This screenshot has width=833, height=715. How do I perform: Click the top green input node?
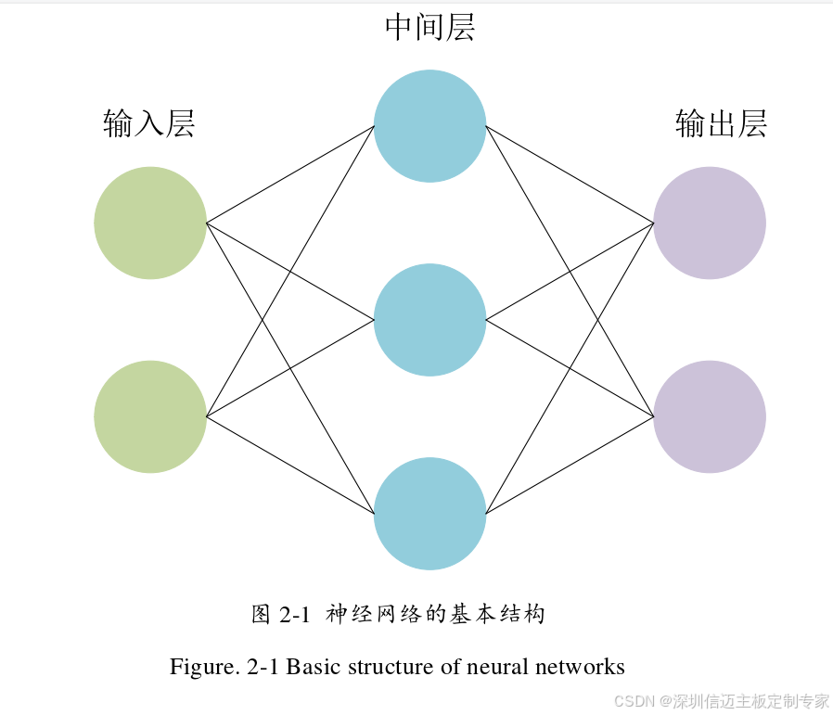(x=150, y=223)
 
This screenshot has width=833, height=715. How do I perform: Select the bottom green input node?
(x=150, y=417)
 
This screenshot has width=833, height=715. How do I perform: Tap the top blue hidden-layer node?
(x=429, y=125)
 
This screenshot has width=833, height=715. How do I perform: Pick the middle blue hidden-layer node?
(x=429, y=320)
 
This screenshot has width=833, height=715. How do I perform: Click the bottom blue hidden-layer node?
(x=429, y=514)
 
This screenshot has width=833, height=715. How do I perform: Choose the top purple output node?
(x=710, y=223)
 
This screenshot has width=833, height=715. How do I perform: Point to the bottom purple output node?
(x=710, y=417)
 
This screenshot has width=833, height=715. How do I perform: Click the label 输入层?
(x=149, y=123)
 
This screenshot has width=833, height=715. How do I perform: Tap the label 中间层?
(x=429, y=28)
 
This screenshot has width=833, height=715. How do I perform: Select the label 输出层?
(x=722, y=123)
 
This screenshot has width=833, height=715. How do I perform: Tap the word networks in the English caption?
(x=581, y=667)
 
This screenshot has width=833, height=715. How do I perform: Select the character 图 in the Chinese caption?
(x=261, y=614)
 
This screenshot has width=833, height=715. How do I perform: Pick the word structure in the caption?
(x=391, y=667)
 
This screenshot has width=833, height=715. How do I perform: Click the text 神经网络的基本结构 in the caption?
(x=435, y=614)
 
